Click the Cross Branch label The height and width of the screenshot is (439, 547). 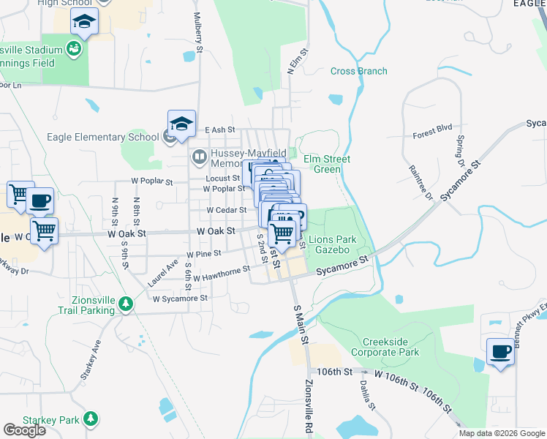[x=359, y=71]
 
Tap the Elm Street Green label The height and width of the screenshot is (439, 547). [x=327, y=164]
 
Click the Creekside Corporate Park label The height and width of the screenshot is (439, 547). [x=391, y=347]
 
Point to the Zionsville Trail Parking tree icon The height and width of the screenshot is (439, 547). [x=126, y=303]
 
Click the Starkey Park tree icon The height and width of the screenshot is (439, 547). [x=90, y=419]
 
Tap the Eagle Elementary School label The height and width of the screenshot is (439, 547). [x=102, y=136]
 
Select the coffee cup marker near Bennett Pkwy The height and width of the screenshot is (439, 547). [x=500, y=352]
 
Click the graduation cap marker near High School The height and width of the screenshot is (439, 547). [x=85, y=23]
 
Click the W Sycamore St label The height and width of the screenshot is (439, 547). [x=180, y=299]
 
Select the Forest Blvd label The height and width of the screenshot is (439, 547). [x=432, y=130]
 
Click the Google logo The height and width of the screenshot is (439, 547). [x=24, y=430]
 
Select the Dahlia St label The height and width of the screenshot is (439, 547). [x=371, y=395]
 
